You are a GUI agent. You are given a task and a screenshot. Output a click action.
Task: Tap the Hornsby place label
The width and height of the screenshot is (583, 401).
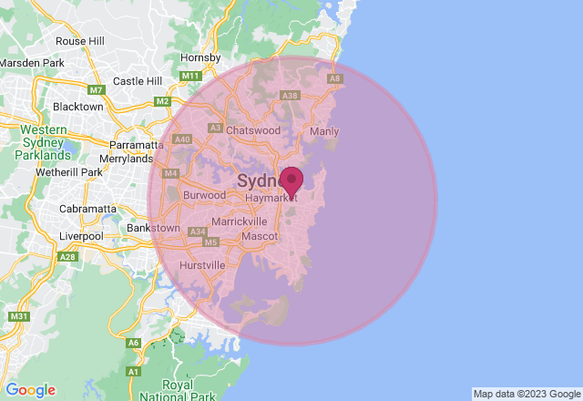[200, 57]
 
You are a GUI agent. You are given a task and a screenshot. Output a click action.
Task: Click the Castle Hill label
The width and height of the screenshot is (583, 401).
[137, 81]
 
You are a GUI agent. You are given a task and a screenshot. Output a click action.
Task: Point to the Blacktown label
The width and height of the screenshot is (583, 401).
[78, 107]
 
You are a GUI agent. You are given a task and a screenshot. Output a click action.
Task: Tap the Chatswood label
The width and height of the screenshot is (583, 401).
[253, 130]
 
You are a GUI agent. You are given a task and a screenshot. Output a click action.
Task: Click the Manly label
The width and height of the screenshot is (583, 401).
[324, 131]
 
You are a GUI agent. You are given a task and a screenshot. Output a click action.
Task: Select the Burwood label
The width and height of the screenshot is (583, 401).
[204, 195]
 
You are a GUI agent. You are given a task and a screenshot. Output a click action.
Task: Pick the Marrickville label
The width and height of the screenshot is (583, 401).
[239, 221]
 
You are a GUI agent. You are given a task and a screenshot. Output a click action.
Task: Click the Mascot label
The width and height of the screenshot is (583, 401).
[260, 237]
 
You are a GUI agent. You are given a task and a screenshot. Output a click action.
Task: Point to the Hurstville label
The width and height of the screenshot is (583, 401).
[201, 265]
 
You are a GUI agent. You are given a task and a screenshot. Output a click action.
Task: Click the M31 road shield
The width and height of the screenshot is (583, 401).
[16, 316]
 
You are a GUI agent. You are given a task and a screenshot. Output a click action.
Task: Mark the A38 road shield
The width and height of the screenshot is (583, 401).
[291, 95]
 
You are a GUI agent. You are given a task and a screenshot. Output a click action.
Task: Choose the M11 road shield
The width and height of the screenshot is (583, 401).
[189, 76]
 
